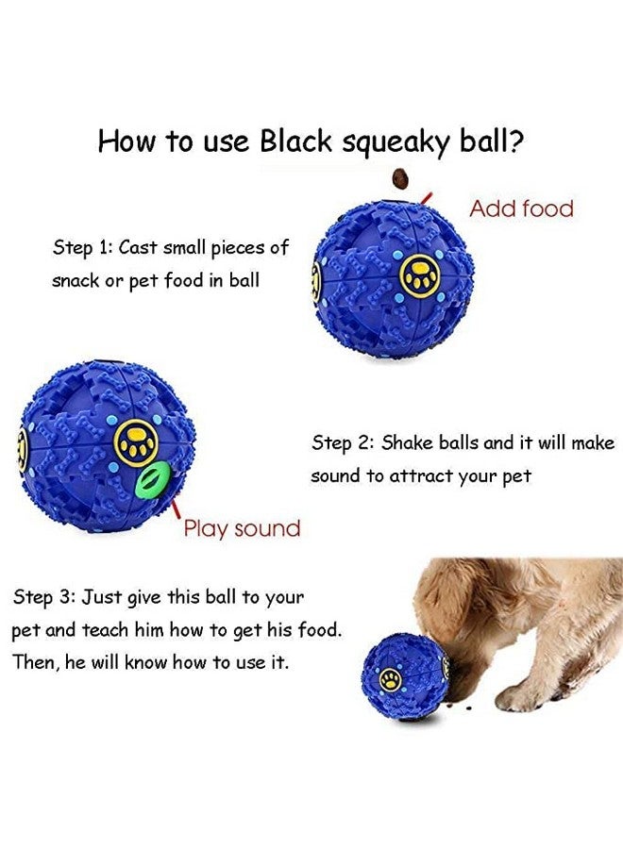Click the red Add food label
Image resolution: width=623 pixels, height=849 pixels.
click(x=521, y=208)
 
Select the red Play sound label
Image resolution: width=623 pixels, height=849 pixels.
click(x=242, y=528)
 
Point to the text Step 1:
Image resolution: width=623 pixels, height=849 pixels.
click(x=82, y=248)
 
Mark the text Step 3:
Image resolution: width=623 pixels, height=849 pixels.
click(x=43, y=597)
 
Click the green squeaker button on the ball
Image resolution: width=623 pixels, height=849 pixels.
click(x=149, y=477)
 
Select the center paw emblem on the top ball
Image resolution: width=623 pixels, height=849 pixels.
click(x=418, y=276)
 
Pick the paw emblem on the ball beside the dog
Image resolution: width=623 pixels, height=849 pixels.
click(x=389, y=677)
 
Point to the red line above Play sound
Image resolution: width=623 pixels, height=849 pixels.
click(x=176, y=510)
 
